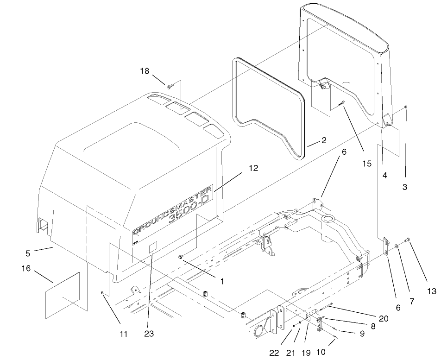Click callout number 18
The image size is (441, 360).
pos(145,71)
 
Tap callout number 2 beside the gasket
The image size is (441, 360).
pos(323,140)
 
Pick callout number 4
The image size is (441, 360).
pos(384,177)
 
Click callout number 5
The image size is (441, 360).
pos(29,254)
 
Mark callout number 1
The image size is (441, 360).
pos(222,281)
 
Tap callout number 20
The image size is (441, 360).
pos(384,318)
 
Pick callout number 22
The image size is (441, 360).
pos(274,353)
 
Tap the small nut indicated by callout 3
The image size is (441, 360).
pos(406,107)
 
